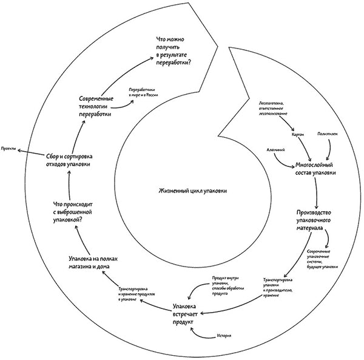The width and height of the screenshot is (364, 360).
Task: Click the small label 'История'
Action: (224, 336)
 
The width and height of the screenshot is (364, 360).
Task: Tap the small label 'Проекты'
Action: (8, 149)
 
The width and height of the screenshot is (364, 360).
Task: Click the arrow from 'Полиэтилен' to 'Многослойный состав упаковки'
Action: (331, 149)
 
